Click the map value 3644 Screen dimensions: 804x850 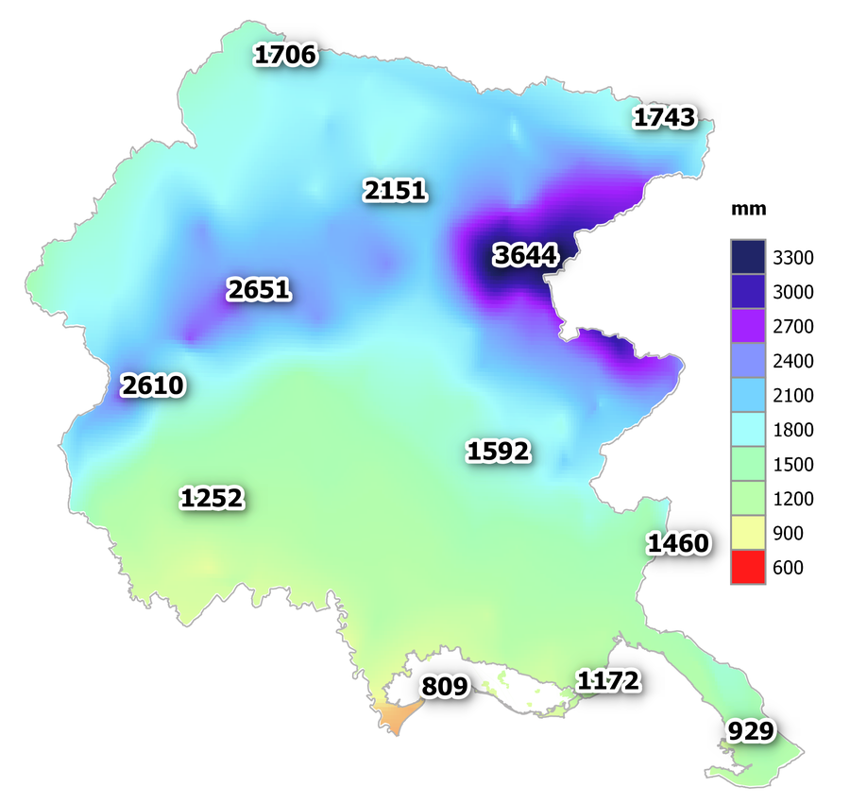point(526,254)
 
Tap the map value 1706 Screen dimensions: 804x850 point(285,56)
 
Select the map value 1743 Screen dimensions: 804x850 point(664,118)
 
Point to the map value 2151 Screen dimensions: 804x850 point(395,191)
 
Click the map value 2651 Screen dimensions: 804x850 point(258,289)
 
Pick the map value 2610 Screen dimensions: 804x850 point(153,385)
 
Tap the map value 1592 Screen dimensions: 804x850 point(498,452)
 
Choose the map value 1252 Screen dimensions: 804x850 point(212,498)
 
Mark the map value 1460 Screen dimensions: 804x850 point(677,543)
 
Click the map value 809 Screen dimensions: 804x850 point(444,686)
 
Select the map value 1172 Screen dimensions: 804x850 point(608,679)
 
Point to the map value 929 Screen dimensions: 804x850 point(751,730)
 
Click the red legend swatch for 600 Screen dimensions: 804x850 point(746,567)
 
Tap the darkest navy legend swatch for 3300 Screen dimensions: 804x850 point(746,256)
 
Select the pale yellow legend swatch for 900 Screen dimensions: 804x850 point(746,533)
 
